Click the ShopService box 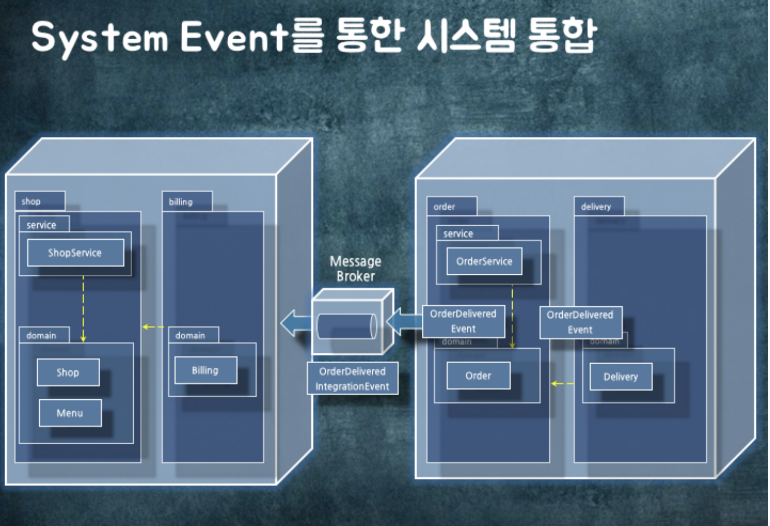pos(76,253)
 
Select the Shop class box pos(68,372)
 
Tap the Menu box pos(70,413)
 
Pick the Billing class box pos(205,370)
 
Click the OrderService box pos(484,261)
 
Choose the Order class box pos(478,376)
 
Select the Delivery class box pos(620,377)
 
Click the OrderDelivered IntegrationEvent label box pos(352,378)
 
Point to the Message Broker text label pos(355,269)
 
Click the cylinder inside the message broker pos(347,326)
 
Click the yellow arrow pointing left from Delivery pos(562,383)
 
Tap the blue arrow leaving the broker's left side pos(295,323)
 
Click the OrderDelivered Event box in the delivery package pos(581,322)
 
